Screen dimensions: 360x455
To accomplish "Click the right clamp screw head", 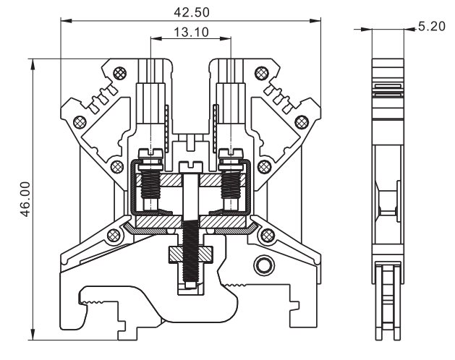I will [x=231, y=153].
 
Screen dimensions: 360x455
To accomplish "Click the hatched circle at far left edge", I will [x=80, y=121].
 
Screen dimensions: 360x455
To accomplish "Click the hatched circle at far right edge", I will [x=301, y=121].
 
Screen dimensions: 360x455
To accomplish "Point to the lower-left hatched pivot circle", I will [x=113, y=236].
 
